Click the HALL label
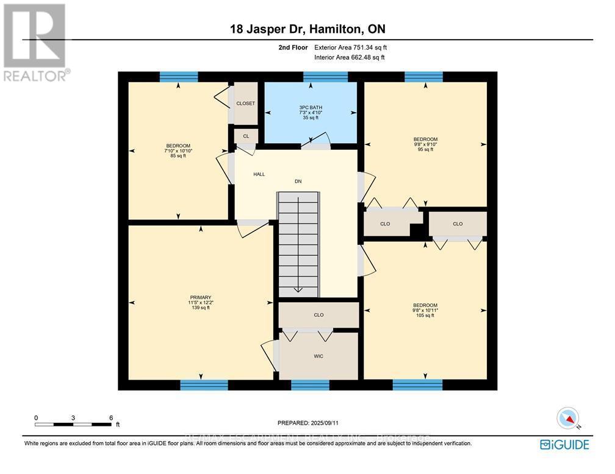(259, 174)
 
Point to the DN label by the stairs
(298, 181)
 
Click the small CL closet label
(246, 136)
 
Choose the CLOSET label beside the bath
(245, 104)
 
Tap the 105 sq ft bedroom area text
(425, 315)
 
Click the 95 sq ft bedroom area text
(425, 149)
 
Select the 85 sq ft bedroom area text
(178, 156)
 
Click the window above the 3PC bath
(325, 77)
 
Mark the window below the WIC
(310, 384)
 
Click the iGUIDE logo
(565, 445)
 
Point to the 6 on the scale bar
(110, 417)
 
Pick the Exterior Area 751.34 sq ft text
(350, 47)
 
